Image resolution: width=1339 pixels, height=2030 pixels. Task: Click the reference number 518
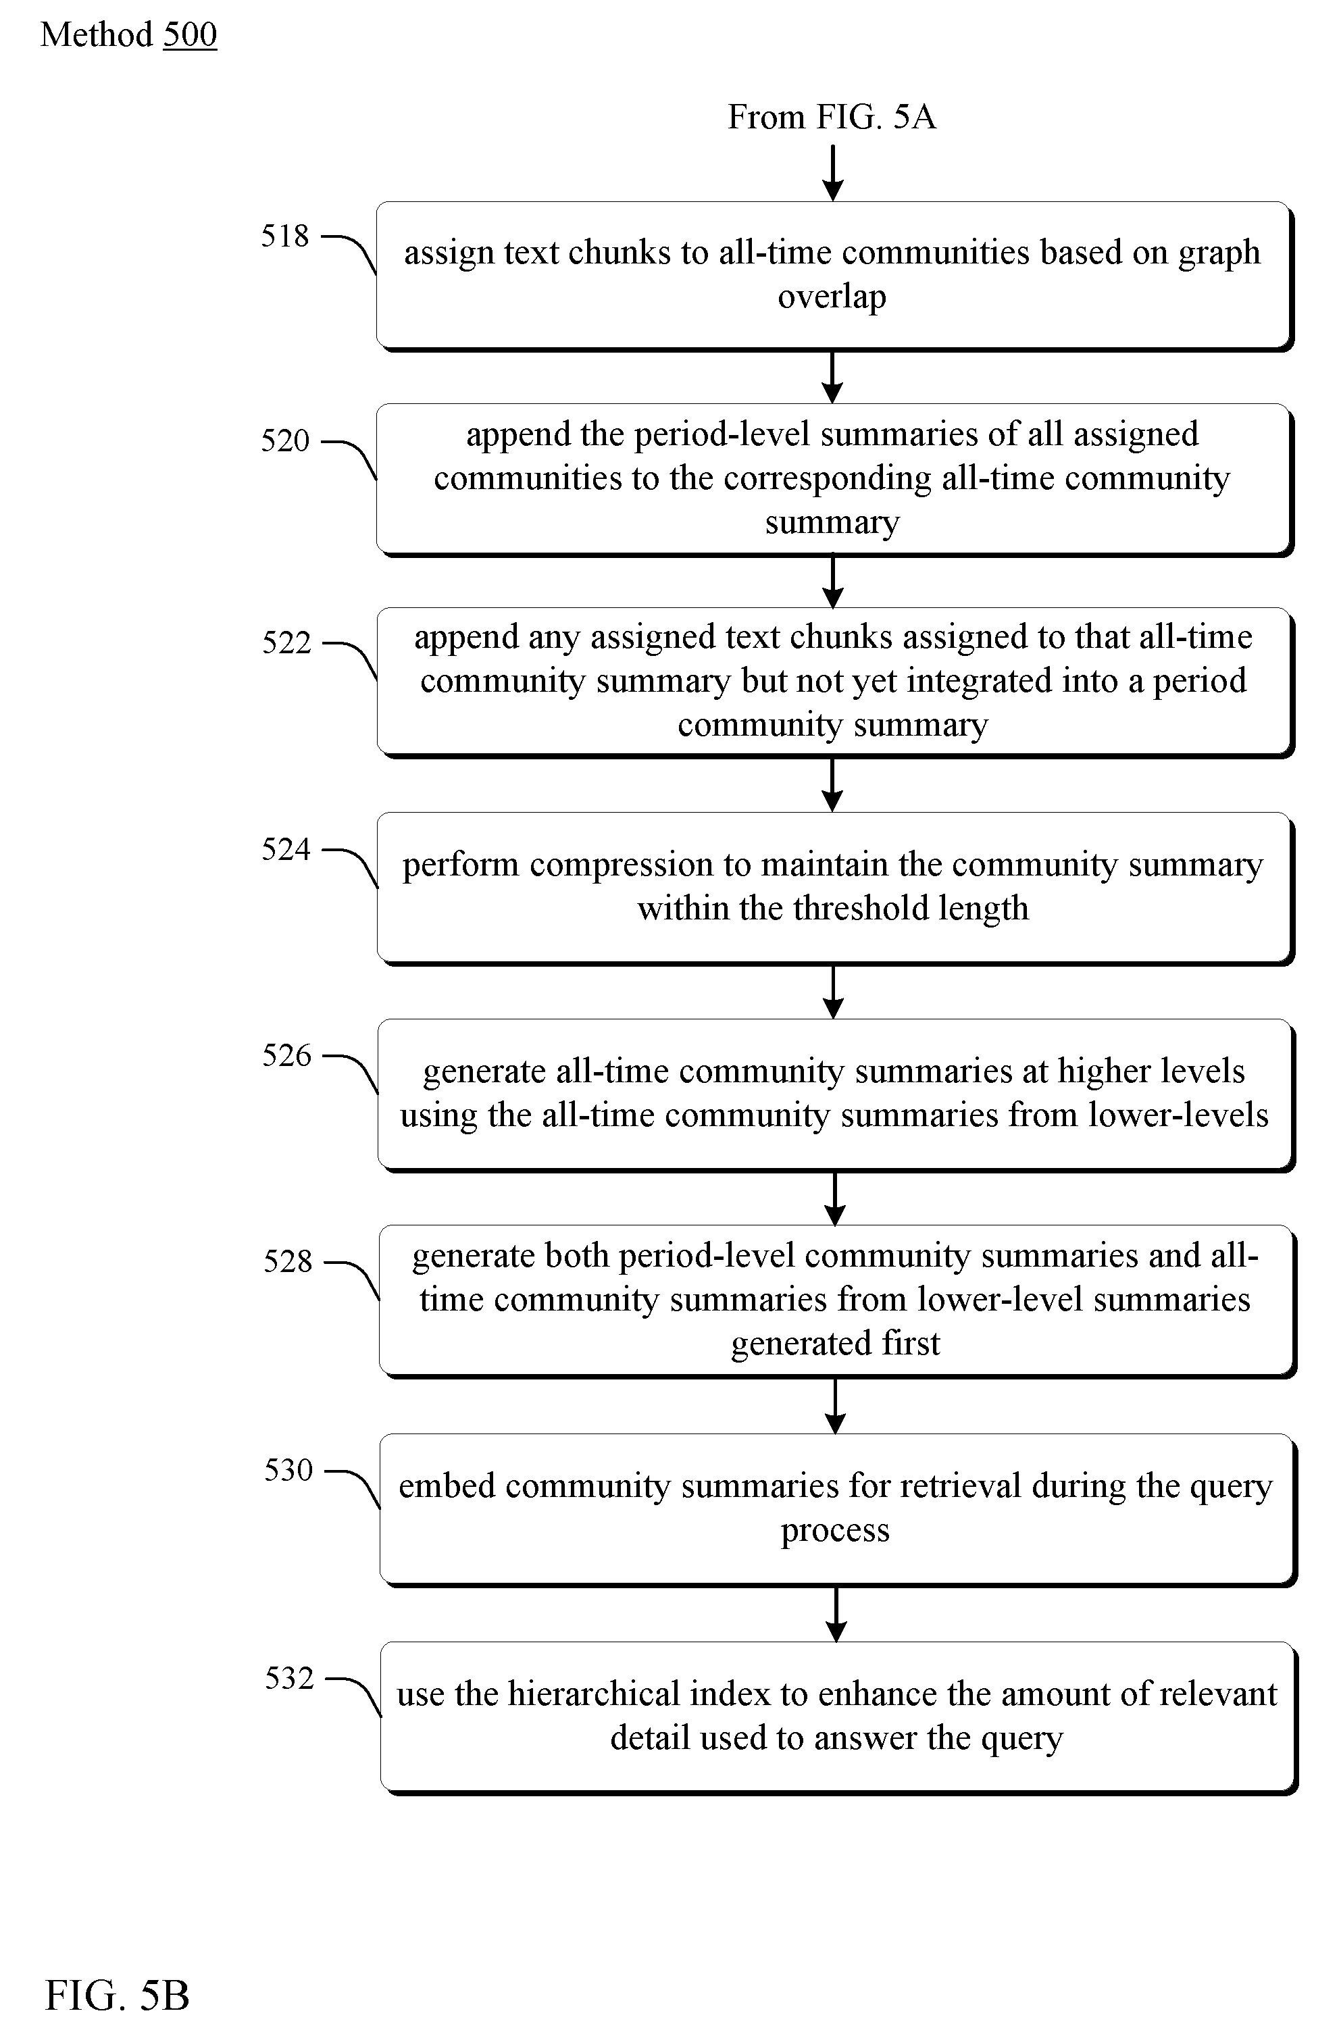[284, 236]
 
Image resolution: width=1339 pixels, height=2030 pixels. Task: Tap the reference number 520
[284, 440]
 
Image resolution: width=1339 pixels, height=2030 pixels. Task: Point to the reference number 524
[286, 849]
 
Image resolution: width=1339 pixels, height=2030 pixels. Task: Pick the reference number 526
[287, 1056]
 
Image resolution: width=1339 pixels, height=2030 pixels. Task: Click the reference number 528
[288, 1262]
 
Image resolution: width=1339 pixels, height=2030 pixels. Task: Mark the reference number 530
[288, 1470]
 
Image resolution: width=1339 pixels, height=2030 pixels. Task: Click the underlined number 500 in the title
[190, 35]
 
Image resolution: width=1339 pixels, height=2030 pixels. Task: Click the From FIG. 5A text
[832, 117]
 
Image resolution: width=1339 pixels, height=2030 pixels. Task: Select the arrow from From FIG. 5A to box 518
[832, 174]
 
